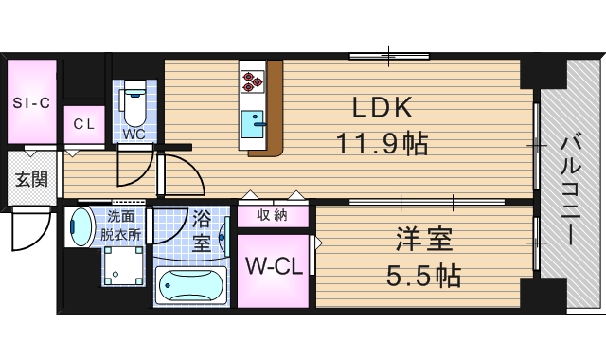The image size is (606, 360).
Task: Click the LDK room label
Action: pyautogui.click(x=382, y=105)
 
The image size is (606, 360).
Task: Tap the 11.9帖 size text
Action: pyautogui.click(x=382, y=144)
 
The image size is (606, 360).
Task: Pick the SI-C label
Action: pyautogui.click(x=31, y=102)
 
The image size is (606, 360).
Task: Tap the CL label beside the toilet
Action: pyautogui.click(x=84, y=123)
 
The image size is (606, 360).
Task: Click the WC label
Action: pyautogui.click(x=133, y=134)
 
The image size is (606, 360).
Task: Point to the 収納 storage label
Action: pyautogui.click(x=274, y=216)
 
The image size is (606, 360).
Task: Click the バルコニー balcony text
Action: pyautogui.click(x=571, y=190)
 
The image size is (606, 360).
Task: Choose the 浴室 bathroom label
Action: pyautogui.click(x=201, y=229)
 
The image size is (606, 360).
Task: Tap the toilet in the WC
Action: pyautogui.click(x=134, y=103)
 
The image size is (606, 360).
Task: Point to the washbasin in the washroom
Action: pyautogui.click(x=80, y=227)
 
